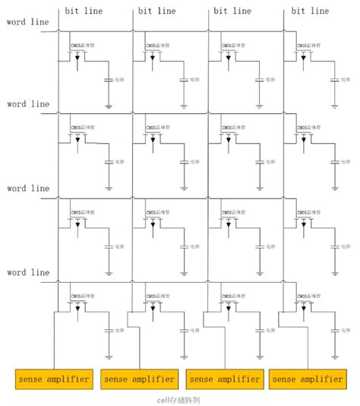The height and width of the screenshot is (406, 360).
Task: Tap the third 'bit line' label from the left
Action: [232, 11]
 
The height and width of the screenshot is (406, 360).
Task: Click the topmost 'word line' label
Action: [27, 21]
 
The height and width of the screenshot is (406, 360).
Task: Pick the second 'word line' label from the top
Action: [27, 104]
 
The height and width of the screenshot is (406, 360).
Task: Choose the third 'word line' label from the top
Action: [27, 188]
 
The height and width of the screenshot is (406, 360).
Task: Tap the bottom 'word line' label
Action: [27, 272]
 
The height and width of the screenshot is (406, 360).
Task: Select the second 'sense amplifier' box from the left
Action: [138, 379]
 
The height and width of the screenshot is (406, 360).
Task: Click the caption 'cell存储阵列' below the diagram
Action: [179, 399]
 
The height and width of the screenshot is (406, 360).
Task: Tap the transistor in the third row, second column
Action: [154, 222]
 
